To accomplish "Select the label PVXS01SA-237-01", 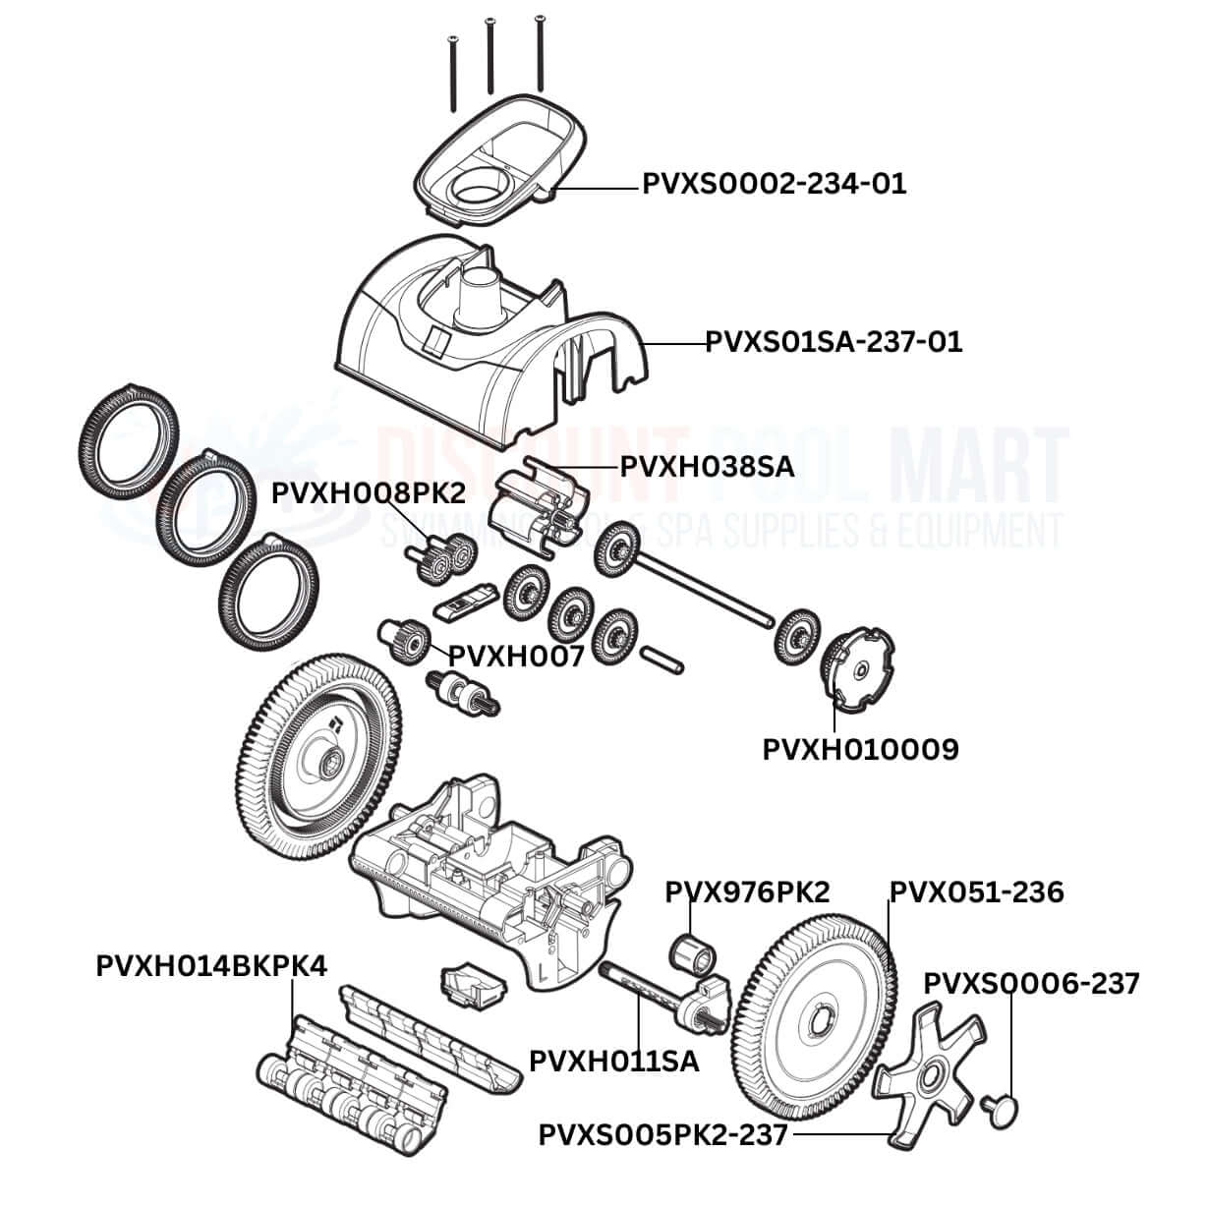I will (834, 342).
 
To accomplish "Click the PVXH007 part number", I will (516, 656).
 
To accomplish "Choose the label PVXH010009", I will (860, 749).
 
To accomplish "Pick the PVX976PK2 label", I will (747, 892).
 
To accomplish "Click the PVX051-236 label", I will (976, 892).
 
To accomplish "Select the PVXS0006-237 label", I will (1032, 983).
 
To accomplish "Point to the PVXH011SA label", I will (614, 1062).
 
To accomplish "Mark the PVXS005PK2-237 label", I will (662, 1135).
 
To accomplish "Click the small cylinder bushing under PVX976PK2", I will (691, 951).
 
